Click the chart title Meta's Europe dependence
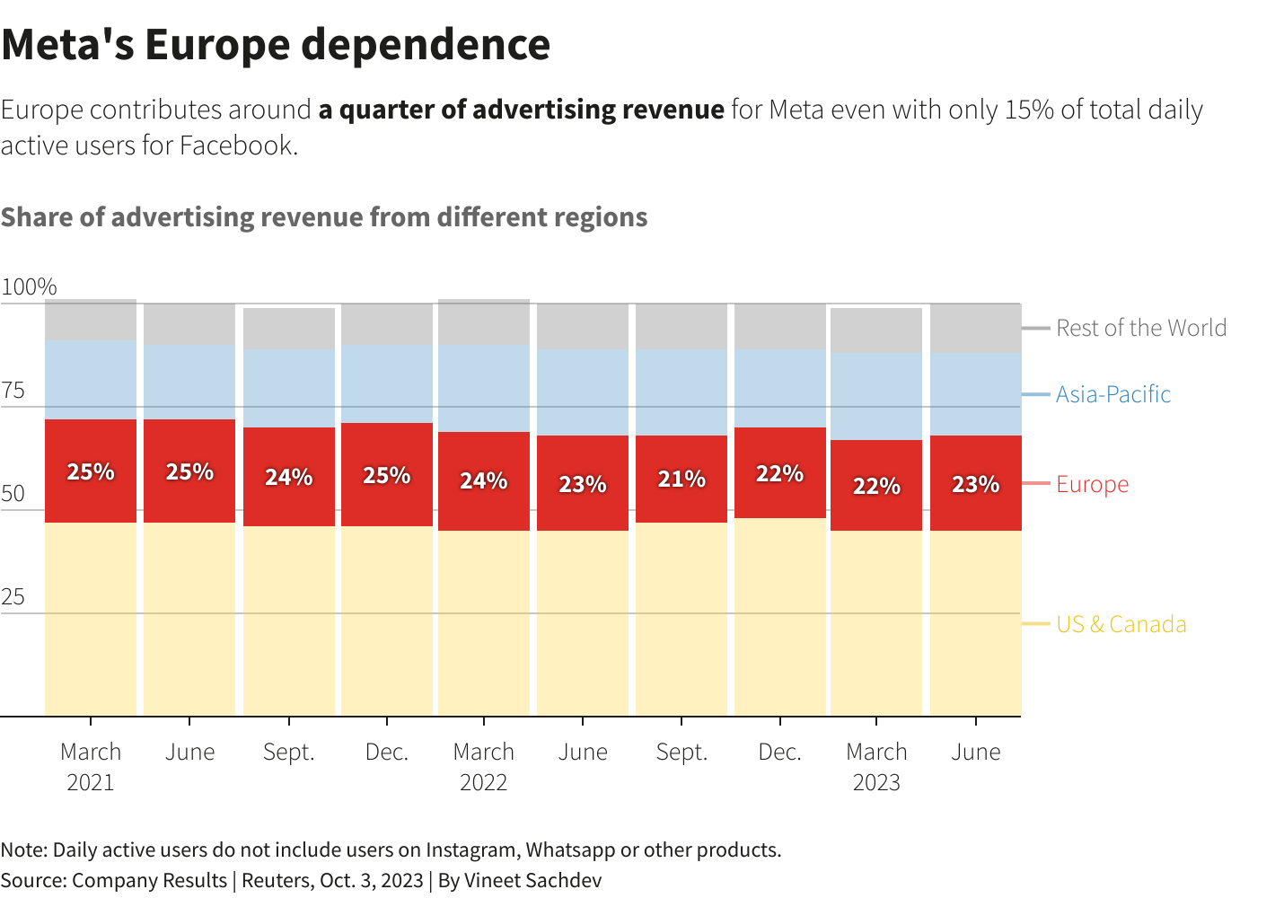(x=276, y=45)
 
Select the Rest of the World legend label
(x=1140, y=328)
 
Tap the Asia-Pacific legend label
(x=1112, y=394)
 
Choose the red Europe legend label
(x=1092, y=484)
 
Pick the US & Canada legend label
(x=1121, y=624)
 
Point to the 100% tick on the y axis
(x=29, y=287)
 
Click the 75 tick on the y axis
(x=13, y=391)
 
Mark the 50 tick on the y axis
(x=13, y=494)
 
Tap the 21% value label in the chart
(x=681, y=479)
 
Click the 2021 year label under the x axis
(x=91, y=782)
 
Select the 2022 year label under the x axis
(x=484, y=782)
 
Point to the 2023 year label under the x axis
(x=876, y=782)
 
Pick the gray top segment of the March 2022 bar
(x=484, y=321)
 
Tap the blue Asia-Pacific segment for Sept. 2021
(x=289, y=388)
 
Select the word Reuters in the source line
(x=276, y=880)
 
